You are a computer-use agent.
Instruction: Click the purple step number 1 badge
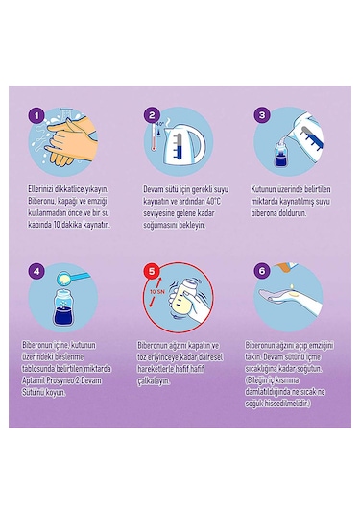click(x=36, y=115)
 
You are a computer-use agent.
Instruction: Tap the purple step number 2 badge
click(x=152, y=115)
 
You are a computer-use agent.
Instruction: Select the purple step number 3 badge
click(x=262, y=115)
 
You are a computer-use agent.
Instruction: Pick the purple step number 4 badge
click(x=36, y=271)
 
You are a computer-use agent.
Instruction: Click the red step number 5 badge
click(x=152, y=271)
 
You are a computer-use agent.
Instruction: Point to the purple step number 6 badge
click(x=262, y=271)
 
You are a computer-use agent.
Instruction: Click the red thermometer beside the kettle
click(x=153, y=137)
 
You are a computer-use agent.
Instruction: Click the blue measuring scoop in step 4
click(x=73, y=278)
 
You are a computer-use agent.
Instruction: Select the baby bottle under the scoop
click(x=64, y=307)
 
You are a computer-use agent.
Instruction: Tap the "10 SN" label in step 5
click(x=157, y=292)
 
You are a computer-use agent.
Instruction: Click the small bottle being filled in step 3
click(x=280, y=153)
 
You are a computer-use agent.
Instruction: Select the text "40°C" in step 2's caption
click(x=214, y=201)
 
